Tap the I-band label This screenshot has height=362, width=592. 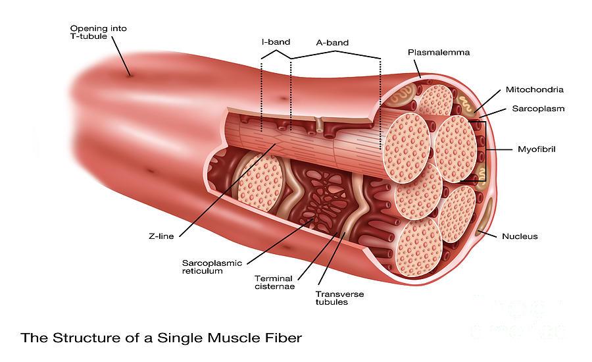276,42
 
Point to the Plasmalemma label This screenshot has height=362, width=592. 439,52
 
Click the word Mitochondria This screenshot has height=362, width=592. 534,90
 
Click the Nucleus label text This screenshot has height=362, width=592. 520,236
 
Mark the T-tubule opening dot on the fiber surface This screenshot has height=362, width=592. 130,75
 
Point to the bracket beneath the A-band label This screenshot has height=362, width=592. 335,55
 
